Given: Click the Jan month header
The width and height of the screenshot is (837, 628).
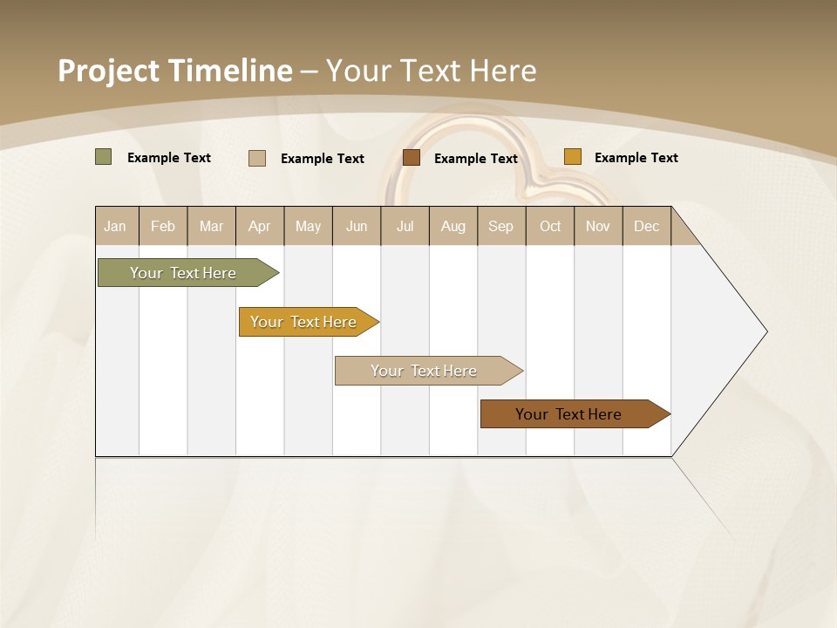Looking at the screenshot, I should tap(115, 226).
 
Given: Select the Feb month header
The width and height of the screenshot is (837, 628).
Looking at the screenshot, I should tap(163, 226).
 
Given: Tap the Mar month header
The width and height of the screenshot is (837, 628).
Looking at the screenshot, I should tap(211, 226).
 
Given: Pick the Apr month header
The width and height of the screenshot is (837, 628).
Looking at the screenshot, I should tap(260, 226).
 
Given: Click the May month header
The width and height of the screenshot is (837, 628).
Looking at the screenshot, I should tap(308, 226).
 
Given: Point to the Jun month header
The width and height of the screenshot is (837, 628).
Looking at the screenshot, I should tap(357, 226).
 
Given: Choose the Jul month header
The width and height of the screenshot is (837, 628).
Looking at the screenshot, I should tap(405, 226).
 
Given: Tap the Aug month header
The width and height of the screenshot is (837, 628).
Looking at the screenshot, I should tap(453, 226).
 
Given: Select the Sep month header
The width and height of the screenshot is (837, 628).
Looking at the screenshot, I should tap(501, 226).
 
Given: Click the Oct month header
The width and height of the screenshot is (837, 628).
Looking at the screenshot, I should tap(550, 226).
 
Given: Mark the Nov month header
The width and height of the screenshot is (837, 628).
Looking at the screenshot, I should tap(598, 226).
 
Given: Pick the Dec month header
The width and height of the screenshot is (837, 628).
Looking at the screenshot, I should tap(647, 226).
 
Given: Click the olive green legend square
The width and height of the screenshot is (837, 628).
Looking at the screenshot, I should tap(103, 157).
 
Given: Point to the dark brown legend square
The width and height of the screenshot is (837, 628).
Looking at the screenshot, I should tap(412, 158).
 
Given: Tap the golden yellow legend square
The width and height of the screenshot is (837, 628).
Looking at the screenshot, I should tap(572, 157).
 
